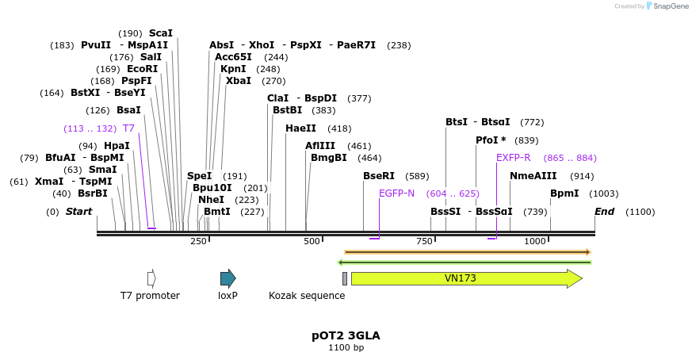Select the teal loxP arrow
[x=227, y=278]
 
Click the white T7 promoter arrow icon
[x=151, y=278]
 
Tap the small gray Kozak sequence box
[x=345, y=278]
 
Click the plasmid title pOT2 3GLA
[x=346, y=335]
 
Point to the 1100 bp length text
[x=346, y=347]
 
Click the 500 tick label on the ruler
[x=312, y=241]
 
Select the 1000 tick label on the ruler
[x=535, y=241]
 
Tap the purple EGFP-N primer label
[x=396, y=193]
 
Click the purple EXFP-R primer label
[x=514, y=158]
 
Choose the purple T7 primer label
[x=128, y=128]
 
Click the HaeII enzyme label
[x=300, y=128]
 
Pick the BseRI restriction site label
[x=379, y=176]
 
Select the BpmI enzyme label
[x=564, y=193]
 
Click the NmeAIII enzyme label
[x=533, y=176]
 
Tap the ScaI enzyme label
[x=160, y=33]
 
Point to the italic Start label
[x=78, y=212]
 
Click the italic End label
[x=605, y=212]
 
